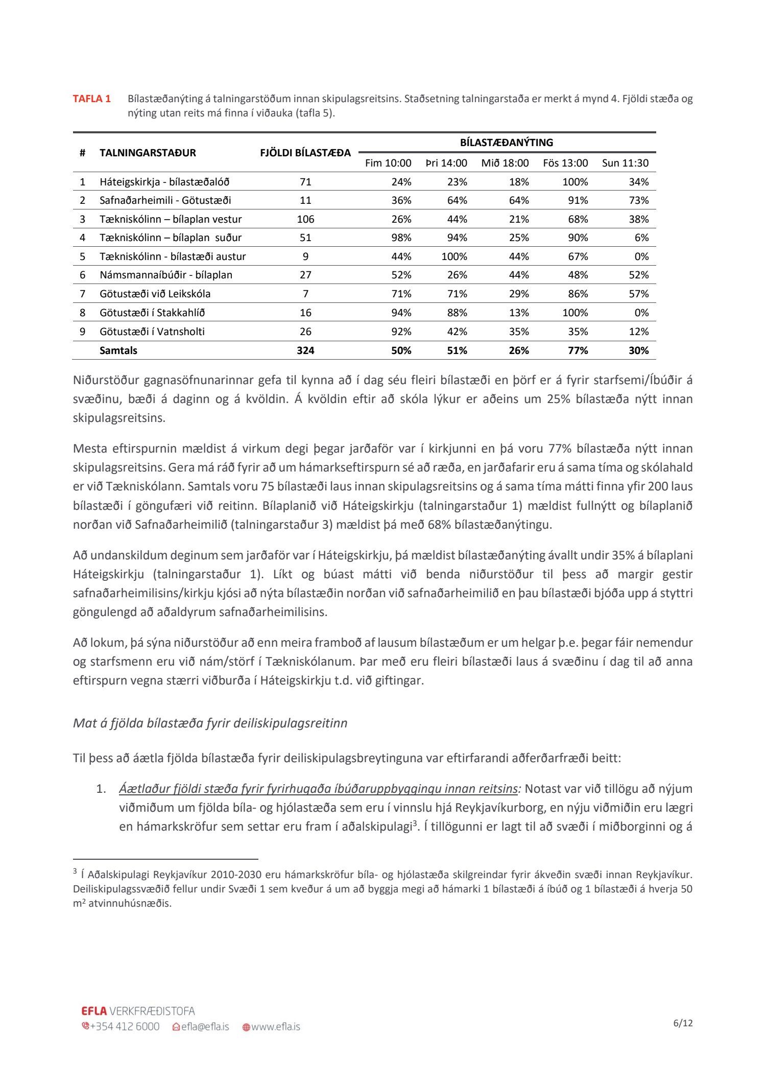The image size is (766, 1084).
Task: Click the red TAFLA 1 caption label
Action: [91, 99]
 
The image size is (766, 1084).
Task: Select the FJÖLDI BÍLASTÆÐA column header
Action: [305, 153]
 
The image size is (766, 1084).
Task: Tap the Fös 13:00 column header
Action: [565, 163]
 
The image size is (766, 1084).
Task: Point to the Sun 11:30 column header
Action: [625, 163]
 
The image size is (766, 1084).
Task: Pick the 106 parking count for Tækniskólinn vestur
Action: [305, 219]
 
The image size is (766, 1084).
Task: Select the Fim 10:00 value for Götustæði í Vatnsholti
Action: [401, 332]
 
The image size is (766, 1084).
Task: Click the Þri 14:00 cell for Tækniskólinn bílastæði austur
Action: [454, 256]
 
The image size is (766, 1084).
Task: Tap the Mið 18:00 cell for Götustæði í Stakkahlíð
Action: [519, 313]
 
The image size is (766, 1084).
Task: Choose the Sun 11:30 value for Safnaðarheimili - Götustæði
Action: [638, 200]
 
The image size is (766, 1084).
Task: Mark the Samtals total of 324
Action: [305, 350]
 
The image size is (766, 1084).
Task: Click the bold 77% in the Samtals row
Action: [578, 350]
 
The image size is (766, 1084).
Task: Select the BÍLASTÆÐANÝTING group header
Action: [506, 143]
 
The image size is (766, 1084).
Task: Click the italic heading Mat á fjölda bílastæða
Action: [210, 723]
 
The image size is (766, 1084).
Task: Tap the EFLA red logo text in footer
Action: [94, 1010]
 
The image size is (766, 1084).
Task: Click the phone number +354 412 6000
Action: [125, 1027]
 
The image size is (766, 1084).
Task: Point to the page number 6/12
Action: [683, 1023]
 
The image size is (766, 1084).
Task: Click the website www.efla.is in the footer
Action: [275, 1027]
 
